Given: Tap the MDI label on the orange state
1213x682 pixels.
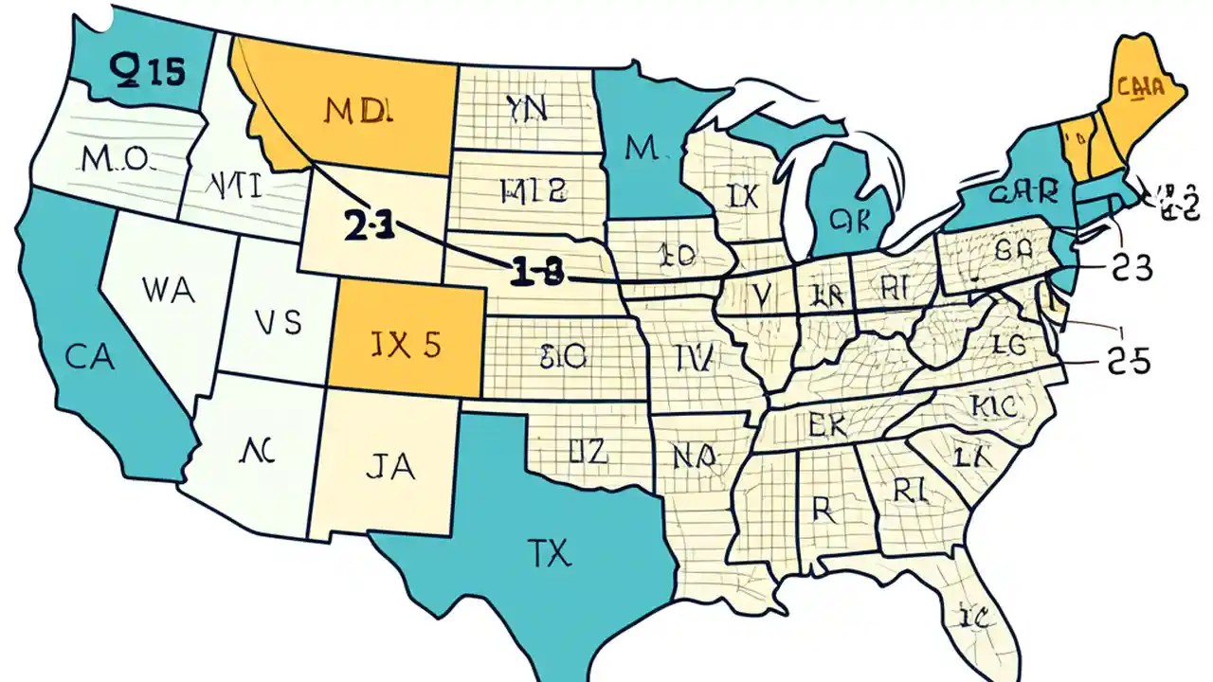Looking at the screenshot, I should click(x=357, y=111).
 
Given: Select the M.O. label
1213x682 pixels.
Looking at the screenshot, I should click(x=115, y=159).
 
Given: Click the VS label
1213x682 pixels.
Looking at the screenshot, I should click(x=279, y=323).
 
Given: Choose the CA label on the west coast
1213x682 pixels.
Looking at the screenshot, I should click(x=91, y=357).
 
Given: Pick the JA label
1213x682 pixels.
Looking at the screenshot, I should click(x=389, y=469).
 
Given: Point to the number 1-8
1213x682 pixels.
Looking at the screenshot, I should click(x=535, y=274).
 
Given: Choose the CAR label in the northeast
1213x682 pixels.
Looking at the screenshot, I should click(x=1022, y=193).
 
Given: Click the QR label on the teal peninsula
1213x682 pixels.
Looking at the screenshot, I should click(x=849, y=219).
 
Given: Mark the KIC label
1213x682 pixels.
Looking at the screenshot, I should click(x=994, y=406).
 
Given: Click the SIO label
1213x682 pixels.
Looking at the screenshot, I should click(x=563, y=356).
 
